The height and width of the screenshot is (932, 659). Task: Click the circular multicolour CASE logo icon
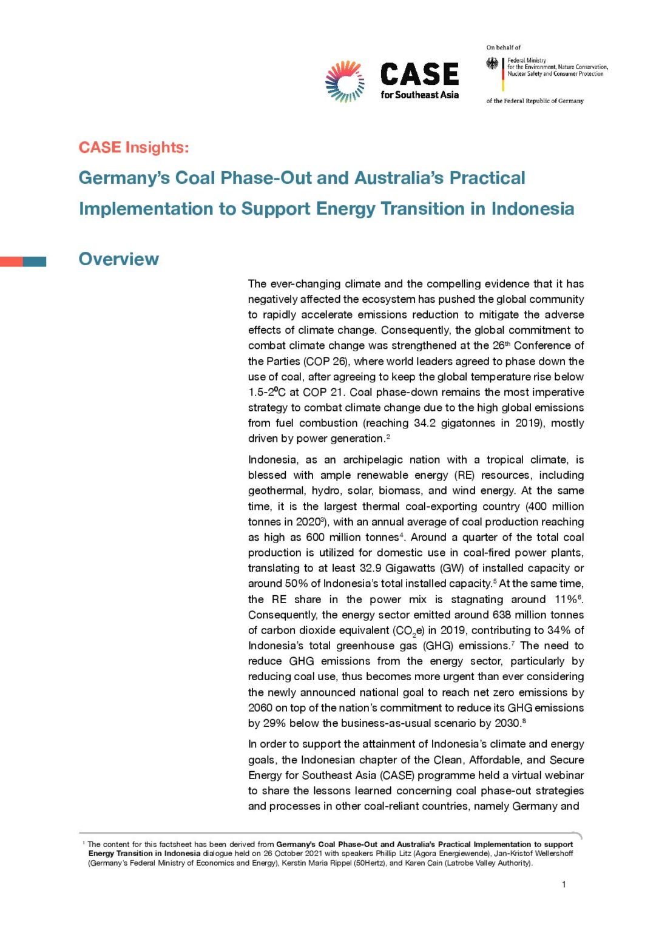click(x=345, y=81)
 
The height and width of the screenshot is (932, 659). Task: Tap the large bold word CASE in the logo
click(x=419, y=75)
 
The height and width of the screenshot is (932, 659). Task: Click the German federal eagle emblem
click(x=492, y=64)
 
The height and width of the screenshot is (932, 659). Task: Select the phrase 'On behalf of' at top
click(x=503, y=47)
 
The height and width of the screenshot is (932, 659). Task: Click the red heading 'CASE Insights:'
click(x=133, y=147)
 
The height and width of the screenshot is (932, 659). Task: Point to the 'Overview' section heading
click(x=119, y=259)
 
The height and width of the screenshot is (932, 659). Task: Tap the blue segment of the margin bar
click(x=35, y=262)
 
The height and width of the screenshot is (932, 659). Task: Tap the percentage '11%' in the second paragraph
click(x=565, y=599)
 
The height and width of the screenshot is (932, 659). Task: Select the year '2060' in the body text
click(x=260, y=708)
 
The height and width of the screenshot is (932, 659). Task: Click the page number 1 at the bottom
click(x=564, y=885)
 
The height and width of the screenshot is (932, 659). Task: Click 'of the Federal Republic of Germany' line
click(x=535, y=101)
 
